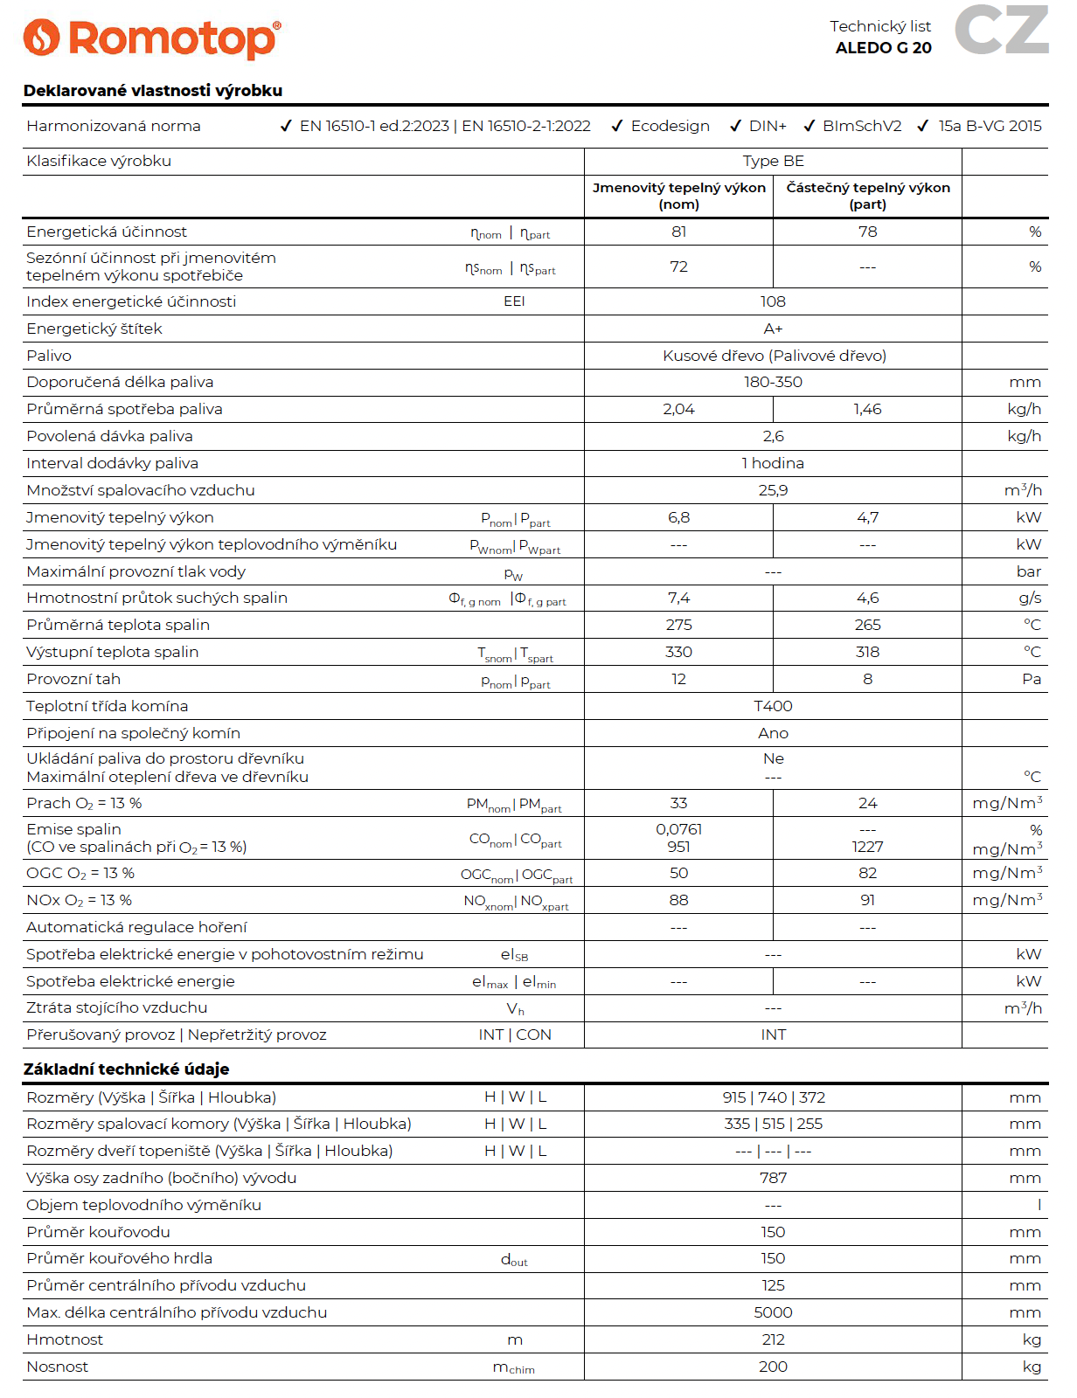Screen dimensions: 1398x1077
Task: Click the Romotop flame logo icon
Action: [41, 38]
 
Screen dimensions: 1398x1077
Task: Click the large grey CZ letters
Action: [1001, 30]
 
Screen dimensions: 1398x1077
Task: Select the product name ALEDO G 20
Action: [883, 48]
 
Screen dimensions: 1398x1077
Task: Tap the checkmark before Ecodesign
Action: [616, 126]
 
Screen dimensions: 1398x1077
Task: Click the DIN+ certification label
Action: [768, 126]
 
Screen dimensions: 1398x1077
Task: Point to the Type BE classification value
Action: [773, 161]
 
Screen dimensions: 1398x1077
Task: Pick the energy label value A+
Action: [773, 329]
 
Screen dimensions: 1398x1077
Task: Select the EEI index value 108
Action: [773, 301]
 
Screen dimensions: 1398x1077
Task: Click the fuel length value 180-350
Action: [773, 382]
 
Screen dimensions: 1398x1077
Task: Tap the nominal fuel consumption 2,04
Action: [678, 409]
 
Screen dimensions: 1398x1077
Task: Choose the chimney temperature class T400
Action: [773, 706]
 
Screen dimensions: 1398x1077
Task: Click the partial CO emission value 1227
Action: [867, 847]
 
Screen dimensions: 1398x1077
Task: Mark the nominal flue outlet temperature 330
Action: [678, 652]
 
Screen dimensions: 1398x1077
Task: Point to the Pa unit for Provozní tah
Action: [1032, 679]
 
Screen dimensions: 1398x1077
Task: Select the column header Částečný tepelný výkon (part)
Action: [867, 196]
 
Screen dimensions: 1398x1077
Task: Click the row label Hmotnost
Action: [65, 1339]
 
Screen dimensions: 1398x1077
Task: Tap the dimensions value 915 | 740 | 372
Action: [773, 1097]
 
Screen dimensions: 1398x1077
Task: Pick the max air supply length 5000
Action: [773, 1312]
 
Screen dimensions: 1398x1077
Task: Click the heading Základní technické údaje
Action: [126, 1069]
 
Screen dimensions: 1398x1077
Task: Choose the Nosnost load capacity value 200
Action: [773, 1367]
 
